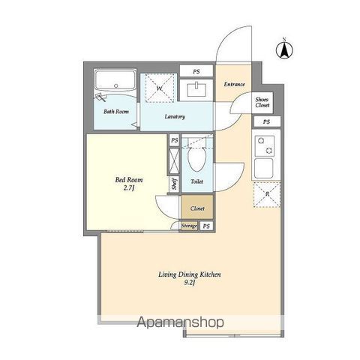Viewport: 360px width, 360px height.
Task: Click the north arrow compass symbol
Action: point(284,49)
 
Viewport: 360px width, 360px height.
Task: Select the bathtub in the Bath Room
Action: point(115,80)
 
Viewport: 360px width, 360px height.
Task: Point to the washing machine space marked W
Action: point(160,88)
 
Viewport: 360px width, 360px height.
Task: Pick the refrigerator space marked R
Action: point(267,194)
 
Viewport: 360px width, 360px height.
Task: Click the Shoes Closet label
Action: point(262,102)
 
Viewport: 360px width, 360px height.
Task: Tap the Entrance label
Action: point(234,84)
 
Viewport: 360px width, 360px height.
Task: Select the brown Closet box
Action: point(197,207)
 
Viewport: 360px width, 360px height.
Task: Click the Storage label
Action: point(189,226)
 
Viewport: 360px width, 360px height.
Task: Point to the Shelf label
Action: point(175,184)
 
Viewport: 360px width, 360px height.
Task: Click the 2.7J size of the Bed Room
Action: point(129,188)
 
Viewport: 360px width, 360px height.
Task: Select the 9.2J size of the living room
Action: point(190,283)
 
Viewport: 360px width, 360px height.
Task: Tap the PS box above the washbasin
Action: point(196,71)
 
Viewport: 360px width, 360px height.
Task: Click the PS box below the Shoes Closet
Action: point(267,121)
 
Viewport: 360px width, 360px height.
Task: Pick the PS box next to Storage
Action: point(206,226)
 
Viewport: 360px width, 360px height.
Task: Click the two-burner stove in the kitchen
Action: point(265,145)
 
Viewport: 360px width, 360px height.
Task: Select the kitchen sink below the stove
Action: point(263,168)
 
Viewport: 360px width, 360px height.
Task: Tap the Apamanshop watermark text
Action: point(180,322)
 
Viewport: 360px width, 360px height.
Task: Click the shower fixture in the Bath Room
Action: point(101,97)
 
